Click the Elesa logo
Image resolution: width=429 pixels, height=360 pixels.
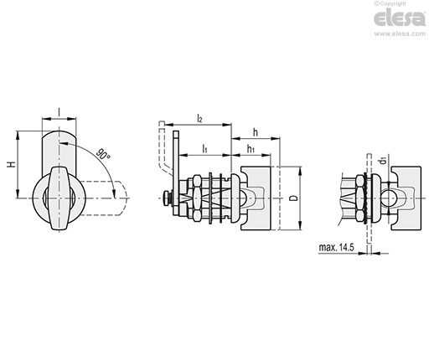click(400, 18)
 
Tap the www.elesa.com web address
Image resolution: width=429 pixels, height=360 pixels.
click(400, 33)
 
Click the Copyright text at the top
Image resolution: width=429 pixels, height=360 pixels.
click(390, 3)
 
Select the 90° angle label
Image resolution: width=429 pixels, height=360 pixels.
click(103, 154)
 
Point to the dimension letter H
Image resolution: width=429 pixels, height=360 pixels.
click(12, 164)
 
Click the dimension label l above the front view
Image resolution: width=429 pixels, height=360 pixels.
click(59, 112)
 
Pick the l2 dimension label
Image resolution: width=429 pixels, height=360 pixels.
click(199, 118)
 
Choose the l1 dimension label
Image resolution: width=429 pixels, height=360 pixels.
click(204, 148)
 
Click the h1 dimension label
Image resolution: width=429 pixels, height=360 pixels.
click(251, 149)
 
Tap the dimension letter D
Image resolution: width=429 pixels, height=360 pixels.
click(293, 198)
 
